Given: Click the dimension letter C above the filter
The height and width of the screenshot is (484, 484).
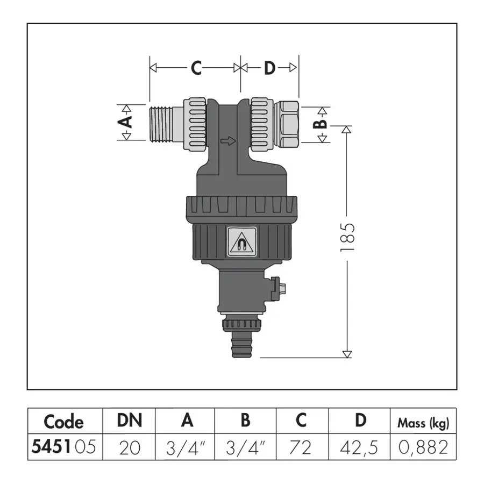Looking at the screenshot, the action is [x=196, y=68].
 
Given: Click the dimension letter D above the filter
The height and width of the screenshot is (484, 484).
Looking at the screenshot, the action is [x=269, y=68].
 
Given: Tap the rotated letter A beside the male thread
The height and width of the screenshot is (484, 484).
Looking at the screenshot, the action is [x=125, y=122].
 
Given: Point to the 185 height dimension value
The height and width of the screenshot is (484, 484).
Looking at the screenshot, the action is [x=347, y=237].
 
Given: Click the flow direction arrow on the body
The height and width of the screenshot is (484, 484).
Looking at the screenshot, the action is [x=228, y=141].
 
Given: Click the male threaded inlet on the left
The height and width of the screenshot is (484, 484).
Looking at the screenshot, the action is [x=166, y=124].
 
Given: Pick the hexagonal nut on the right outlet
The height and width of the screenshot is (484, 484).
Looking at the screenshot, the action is [x=286, y=124].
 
